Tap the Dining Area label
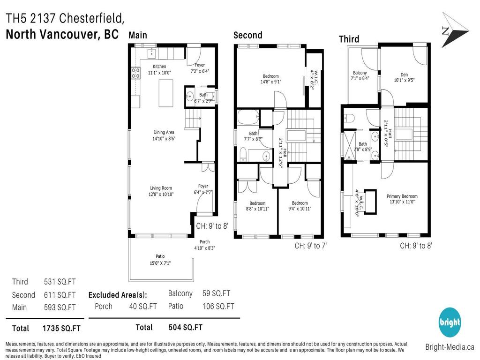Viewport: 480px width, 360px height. [x=163, y=133]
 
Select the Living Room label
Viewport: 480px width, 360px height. [x=161, y=188]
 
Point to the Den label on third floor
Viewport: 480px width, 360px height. [x=404, y=75]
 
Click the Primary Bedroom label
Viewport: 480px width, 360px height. [x=402, y=196]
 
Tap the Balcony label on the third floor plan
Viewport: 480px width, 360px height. [x=360, y=73]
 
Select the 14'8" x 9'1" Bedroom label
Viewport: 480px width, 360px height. [x=270, y=76]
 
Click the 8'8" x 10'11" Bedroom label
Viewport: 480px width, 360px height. [x=257, y=203]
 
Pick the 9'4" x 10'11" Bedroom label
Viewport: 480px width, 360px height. [x=300, y=203]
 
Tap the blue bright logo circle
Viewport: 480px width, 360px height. [x=450, y=322]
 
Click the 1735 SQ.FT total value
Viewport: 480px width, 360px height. [x=61, y=328]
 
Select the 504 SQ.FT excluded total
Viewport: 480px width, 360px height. [x=185, y=327]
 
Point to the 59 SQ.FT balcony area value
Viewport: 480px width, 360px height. [x=216, y=293]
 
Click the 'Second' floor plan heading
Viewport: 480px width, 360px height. [x=248, y=35]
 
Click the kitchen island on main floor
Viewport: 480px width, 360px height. [x=165, y=93]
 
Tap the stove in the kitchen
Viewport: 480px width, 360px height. [x=135, y=73]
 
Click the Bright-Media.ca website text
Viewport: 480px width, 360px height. [x=450, y=347]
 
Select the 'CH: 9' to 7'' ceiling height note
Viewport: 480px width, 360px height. [x=310, y=245]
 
